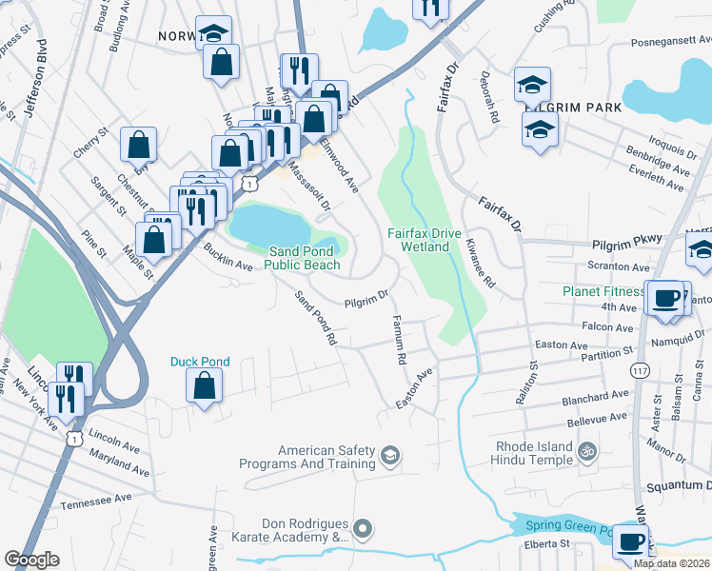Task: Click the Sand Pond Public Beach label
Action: [302, 257]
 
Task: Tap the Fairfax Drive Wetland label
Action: [424, 240]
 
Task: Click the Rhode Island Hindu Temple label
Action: [534, 454]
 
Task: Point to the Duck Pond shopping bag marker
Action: [204, 385]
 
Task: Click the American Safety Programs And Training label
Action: [326, 457]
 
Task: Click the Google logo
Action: [31, 560]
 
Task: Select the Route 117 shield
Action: [640, 370]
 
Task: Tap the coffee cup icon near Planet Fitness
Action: [666, 298]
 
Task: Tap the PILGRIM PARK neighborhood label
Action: [573, 108]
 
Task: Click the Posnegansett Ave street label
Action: [671, 43]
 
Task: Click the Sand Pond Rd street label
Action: [316, 318]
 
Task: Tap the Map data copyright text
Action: [671, 563]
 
